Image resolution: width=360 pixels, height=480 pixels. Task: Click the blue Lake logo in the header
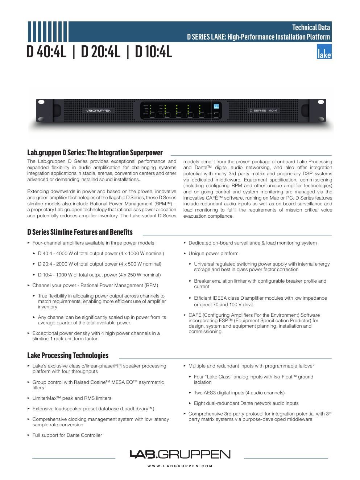[x=324, y=52]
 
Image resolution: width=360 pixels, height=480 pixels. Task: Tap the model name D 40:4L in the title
[x=47, y=52]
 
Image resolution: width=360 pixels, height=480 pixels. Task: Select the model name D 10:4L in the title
[x=153, y=52]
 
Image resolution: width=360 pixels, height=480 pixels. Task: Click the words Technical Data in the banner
[x=311, y=27]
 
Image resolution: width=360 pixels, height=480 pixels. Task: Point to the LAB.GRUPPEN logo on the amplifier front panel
[x=98, y=110]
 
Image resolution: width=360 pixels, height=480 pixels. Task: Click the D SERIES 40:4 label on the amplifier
[x=264, y=110]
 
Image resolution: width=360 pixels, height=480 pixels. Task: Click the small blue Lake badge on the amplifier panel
[x=216, y=106]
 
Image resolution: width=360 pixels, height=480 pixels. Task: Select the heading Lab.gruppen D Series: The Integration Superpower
[x=95, y=153]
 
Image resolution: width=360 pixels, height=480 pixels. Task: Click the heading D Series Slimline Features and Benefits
[x=80, y=232]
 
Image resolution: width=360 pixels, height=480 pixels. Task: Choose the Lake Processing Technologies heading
[x=68, y=356]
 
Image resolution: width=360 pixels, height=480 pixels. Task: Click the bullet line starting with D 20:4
[x=99, y=264]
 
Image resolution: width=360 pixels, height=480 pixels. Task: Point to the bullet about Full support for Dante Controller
[x=67, y=435]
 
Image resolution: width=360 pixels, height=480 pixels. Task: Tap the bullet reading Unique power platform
[x=213, y=254]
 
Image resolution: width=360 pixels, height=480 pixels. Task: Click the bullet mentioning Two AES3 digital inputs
[x=239, y=393]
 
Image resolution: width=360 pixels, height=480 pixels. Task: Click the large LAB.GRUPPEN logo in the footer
[x=180, y=454]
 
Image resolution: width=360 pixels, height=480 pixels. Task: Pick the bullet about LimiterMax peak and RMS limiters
[x=72, y=398]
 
